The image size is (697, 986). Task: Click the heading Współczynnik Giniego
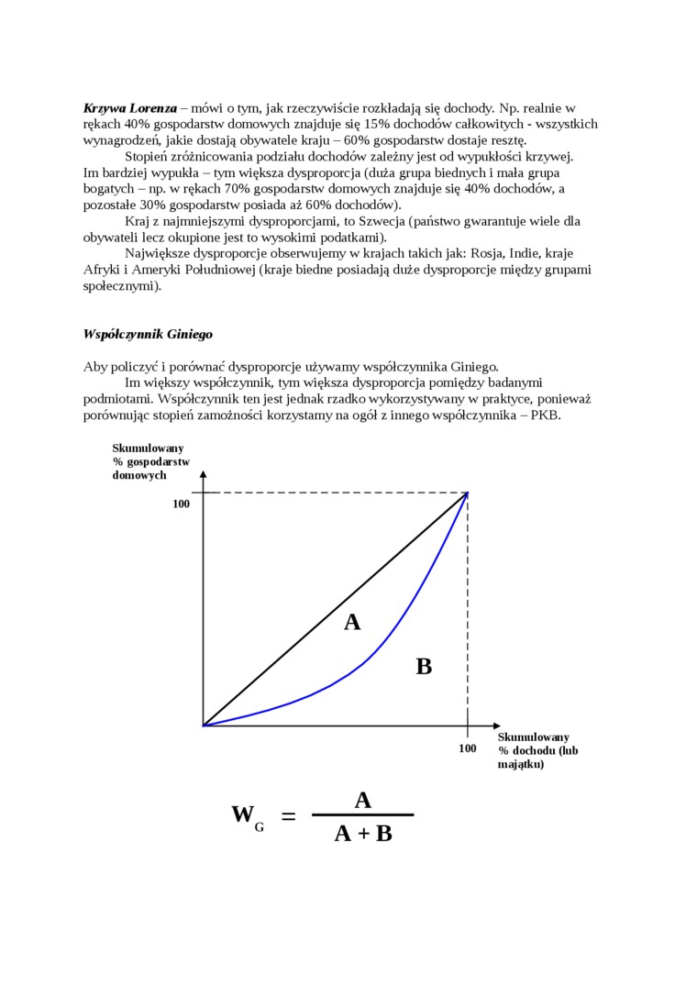click(148, 334)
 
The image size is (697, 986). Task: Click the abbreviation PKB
click(546, 415)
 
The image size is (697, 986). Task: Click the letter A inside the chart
click(352, 623)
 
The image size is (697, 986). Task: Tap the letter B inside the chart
click(424, 667)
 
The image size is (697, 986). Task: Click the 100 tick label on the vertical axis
click(181, 504)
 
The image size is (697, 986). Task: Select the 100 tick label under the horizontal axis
click(468, 748)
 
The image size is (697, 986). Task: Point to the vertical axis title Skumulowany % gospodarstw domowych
click(150, 461)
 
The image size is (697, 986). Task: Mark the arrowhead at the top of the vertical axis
click(204, 475)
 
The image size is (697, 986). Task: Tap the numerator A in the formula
click(362, 801)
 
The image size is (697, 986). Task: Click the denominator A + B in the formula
click(363, 834)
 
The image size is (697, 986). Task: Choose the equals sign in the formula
click(288, 815)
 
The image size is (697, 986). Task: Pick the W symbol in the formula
click(242, 814)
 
